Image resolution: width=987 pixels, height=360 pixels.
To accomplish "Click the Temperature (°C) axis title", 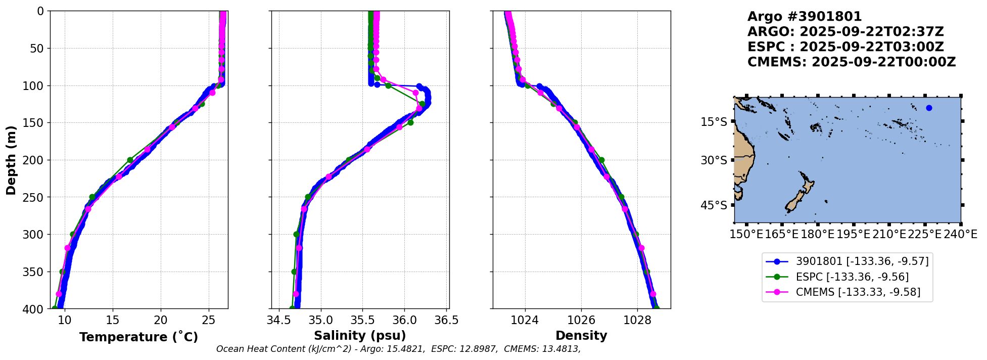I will click(x=138, y=337).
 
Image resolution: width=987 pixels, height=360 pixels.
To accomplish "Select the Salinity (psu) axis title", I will click(x=360, y=336).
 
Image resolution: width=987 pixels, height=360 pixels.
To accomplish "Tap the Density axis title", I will click(x=581, y=336).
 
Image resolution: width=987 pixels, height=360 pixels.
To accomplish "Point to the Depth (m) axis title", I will click(x=11, y=160).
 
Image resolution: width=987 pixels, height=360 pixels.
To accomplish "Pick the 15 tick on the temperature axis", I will click(x=113, y=320).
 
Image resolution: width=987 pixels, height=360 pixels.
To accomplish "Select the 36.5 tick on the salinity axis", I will click(x=446, y=320).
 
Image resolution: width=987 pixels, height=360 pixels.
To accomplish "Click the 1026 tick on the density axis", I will click(x=581, y=320).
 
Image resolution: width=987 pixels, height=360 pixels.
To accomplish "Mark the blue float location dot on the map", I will click(x=929, y=108).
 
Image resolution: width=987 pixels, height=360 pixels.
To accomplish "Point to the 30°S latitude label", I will click(x=714, y=160).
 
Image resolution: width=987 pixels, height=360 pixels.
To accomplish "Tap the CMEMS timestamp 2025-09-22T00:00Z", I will click(x=883, y=62).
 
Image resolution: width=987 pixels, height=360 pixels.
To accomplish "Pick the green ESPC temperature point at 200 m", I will click(x=130, y=160).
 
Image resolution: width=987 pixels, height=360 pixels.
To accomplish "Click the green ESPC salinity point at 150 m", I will click(x=410, y=122).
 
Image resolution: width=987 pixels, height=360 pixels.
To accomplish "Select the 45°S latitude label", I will click(x=714, y=205).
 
